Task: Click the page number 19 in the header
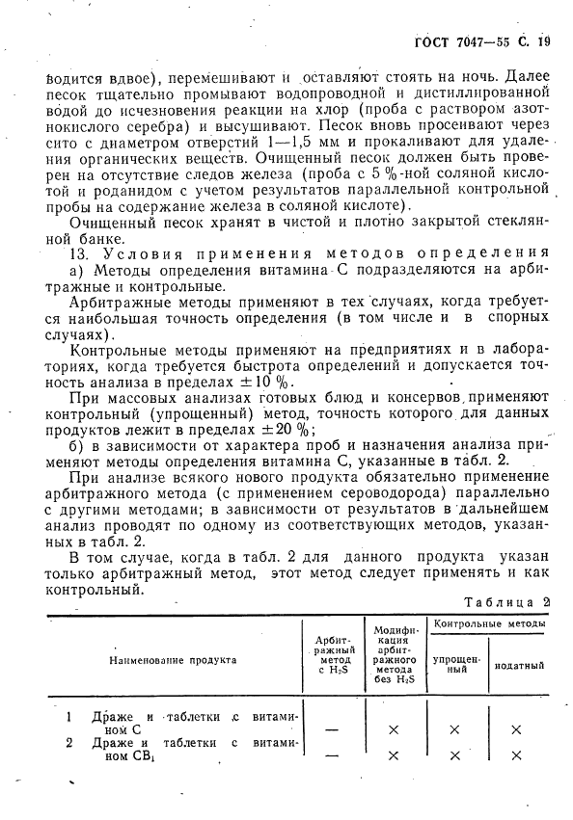545,41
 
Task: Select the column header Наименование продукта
172,662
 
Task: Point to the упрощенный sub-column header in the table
455,665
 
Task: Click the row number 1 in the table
69,717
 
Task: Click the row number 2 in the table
69,743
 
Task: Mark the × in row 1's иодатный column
517,730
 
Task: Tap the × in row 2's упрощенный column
455,755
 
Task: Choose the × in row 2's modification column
393,755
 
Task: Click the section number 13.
80,254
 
